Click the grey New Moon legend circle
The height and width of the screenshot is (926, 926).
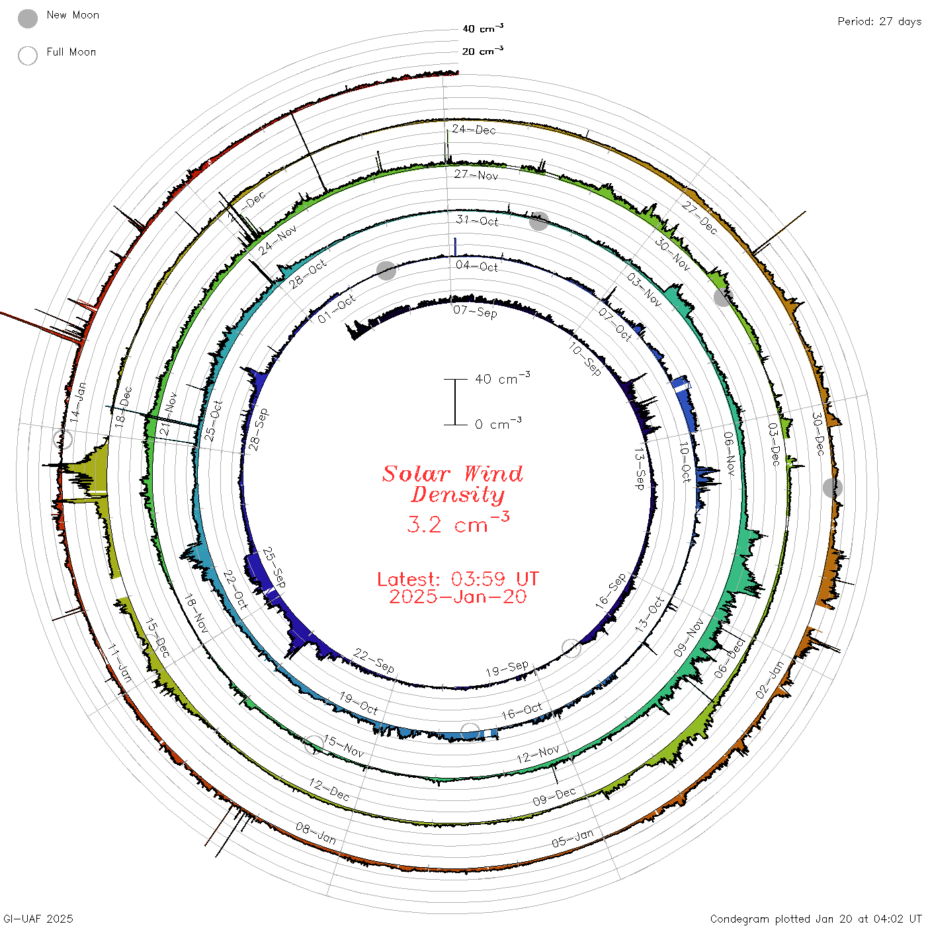coord(27,19)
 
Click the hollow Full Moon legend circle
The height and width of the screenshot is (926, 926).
coord(27,56)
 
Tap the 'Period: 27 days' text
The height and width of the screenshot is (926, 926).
coord(879,22)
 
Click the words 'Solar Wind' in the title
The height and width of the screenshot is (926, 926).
coord(452,474)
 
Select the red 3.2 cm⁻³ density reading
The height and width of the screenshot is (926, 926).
coord(458,523)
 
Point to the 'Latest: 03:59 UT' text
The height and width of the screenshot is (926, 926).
coord(458,579)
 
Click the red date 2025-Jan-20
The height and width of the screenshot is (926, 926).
coord(458,597)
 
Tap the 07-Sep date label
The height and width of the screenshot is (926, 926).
coord(475,312)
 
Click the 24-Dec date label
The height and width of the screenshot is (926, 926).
coord(474,129)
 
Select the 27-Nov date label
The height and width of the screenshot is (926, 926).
coord(476,175)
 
